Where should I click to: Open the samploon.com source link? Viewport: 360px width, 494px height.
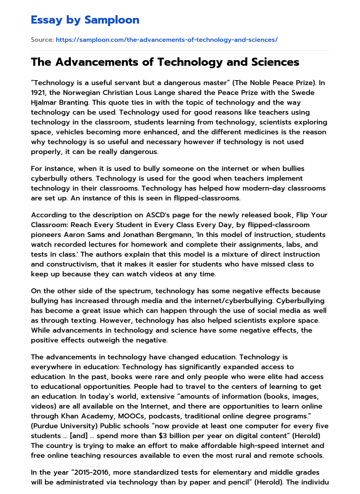point(167,40)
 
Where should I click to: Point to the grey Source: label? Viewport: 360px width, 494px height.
point(42,40)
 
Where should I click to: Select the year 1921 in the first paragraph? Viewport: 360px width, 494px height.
point(38,92)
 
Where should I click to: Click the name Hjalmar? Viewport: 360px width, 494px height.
point(44,102)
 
